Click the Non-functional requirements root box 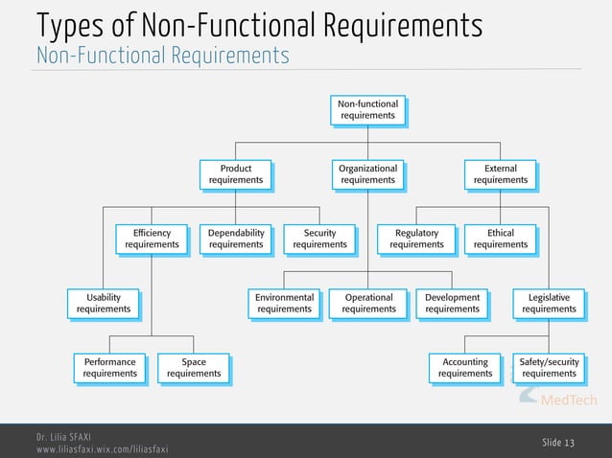367,109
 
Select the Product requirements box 235,173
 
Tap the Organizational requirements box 367,173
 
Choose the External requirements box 500,173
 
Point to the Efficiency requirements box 152,239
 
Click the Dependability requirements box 235,239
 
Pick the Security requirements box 319,239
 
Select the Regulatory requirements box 416,239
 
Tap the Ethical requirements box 500,239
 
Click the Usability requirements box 104,303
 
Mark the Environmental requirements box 284,303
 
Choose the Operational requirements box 368,303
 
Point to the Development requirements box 452,303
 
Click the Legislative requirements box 549,303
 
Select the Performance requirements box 109,368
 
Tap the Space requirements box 194,368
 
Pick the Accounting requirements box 465,368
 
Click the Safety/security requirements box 549,368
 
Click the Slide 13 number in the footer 558,441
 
